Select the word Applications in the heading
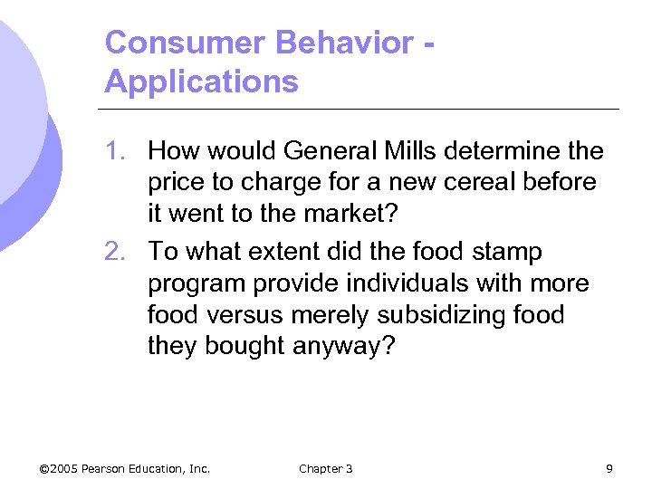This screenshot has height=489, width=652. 201,82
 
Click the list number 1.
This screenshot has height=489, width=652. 116,149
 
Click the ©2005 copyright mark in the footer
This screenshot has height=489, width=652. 59,468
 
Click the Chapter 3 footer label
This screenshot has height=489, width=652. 325,468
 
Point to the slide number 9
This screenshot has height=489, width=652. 609,468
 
